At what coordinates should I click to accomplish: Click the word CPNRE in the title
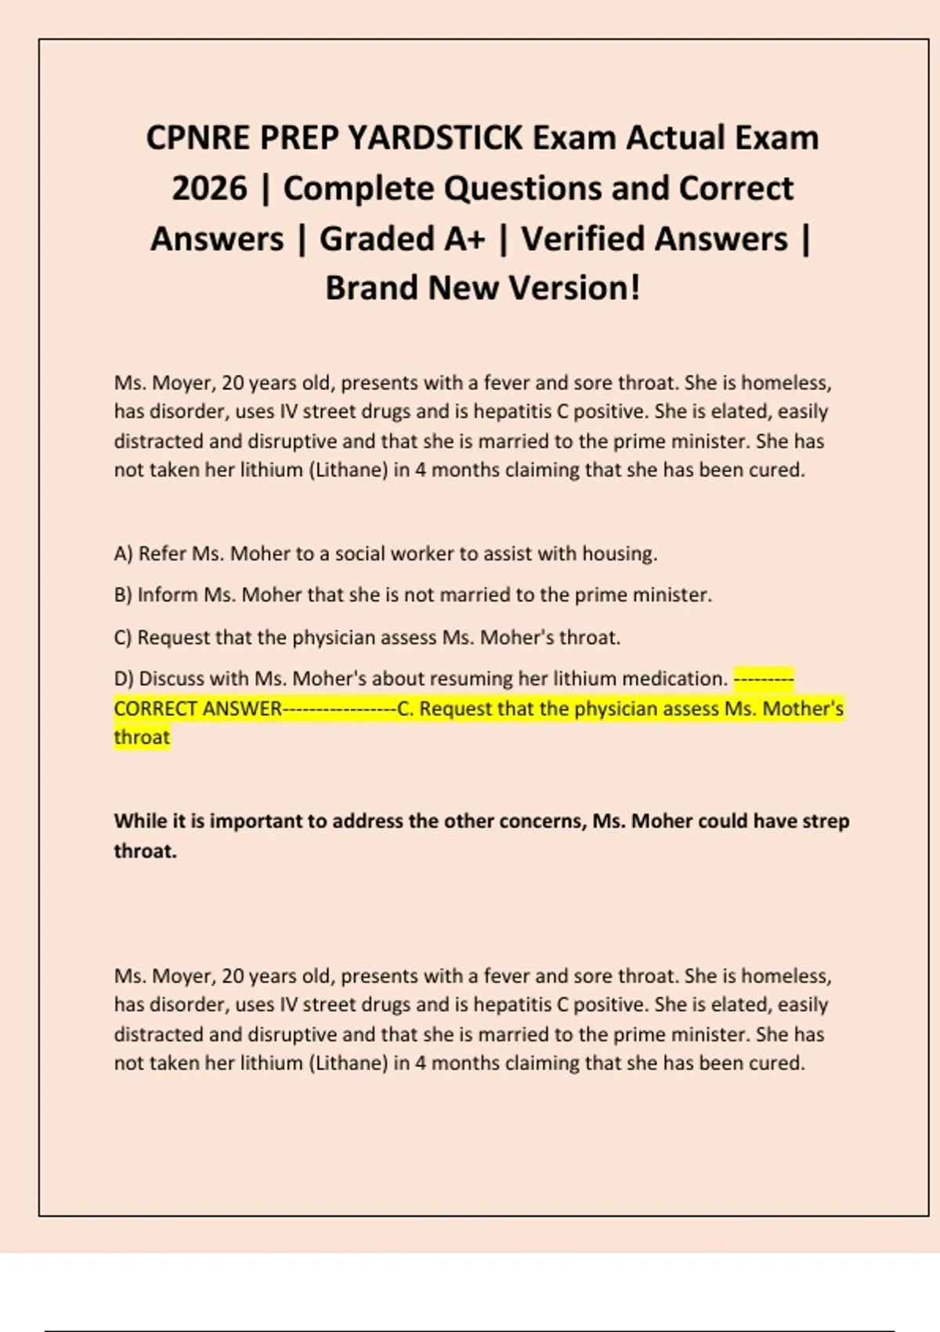[197, 138]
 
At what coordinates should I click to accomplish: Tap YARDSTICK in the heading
[435, 138]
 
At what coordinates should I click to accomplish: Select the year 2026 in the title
[209, 189]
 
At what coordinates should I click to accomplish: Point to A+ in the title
[465, 239]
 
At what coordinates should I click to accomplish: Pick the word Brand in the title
[371, 288]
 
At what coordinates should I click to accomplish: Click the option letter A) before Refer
[123, 554]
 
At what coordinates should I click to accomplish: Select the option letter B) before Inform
[123, 595]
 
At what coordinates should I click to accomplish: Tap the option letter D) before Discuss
[124, 679]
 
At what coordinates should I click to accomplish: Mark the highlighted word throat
[142, 737]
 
